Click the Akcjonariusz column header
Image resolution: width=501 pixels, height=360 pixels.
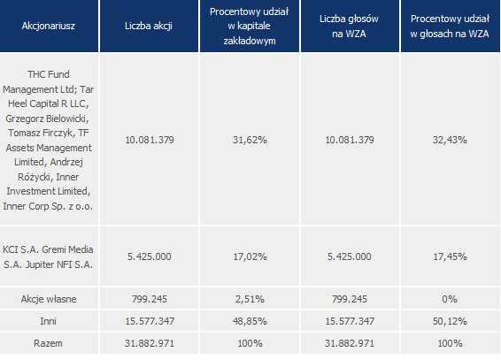pyautogui.click(x=49, y=26)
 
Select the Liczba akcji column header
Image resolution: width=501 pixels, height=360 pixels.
pyautogui.click(x=149, y=26)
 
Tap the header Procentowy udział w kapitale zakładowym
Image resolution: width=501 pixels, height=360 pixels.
pyautogui.click(x=250, y=27)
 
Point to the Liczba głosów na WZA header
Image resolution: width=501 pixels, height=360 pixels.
pyautogui.click(x=349, y=27)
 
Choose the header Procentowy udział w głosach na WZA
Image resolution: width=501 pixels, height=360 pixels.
pyautogui.click(x=450, y=27)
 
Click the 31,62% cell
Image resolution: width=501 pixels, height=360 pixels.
pyautogui.click(x=250, y=140)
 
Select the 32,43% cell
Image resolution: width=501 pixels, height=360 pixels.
pyautogui.click(x=450, y=140)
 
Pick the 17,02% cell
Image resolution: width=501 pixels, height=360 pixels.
pyautogui.click(x=250, y=257)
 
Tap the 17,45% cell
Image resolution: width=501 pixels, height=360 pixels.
pyautogui.click(x=450, y=257)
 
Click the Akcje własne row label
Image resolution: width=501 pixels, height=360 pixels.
pyautogui.click(x=49, y=299)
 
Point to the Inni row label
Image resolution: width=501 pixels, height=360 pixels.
pyautogui.click(x=49, y=321)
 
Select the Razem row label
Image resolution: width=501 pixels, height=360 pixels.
pyautogui.click(x=48, y=343)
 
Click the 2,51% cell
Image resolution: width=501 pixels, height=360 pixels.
pyautogui.click(x=250, y=299)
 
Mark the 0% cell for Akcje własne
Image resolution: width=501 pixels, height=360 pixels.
pyautogui.click(x=450, y=299)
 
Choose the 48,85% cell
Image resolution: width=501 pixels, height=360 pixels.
pyautogui.click(x=250, y=321)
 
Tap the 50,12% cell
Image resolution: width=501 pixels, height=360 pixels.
pyautogui.click(x=450, y=321)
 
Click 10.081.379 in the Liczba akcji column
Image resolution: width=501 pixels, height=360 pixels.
pyautogui.click(x=150, y=140)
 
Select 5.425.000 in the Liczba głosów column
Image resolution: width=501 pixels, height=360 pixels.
pyautogui.click(x=350, y=257)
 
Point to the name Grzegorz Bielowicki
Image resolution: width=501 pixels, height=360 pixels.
pyautogui.click(x=47, y=119)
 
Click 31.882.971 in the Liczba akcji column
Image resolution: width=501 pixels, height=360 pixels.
pyautogui.click(x=150, y=343)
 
